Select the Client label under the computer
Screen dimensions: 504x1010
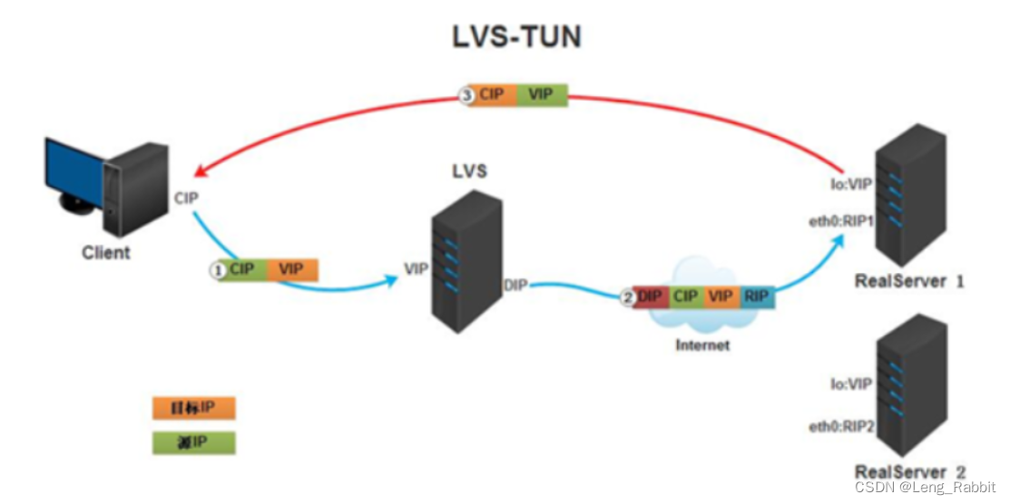(x=106, y=253)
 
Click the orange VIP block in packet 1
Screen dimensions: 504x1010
(x=292, y=269)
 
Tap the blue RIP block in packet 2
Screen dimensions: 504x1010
(x=757, y=296)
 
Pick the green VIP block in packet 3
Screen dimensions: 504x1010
(x=541, y=95)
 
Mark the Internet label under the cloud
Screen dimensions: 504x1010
(x=702, y=345)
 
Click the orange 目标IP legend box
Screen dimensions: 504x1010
(x=193, y=408)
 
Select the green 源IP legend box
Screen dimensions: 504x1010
(x=193, y=442)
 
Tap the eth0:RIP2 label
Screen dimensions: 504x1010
(x=840, y=427)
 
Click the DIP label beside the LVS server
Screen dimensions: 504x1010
(x=515, y=287)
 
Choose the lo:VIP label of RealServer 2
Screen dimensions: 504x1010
(x=850, y=384)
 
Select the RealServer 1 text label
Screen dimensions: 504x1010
(x=909, y=282)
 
